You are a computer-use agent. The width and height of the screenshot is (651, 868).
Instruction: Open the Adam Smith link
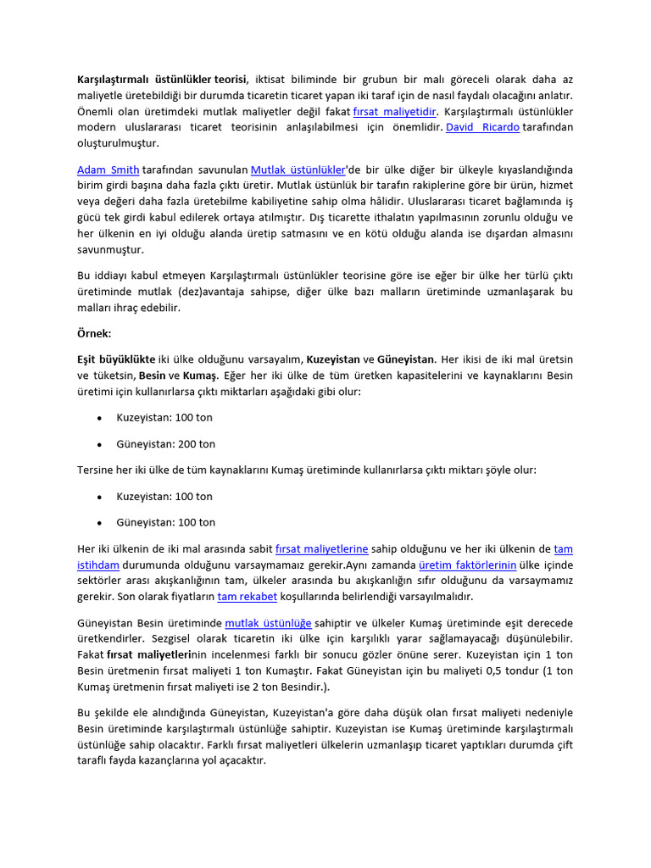tap(108, 169)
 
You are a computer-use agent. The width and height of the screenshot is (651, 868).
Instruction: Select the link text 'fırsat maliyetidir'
tap(395, 111)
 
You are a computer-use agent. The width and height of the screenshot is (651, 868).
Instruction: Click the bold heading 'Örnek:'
tap(95, 334)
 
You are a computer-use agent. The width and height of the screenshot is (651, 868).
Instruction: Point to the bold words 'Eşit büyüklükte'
tap(116, 359)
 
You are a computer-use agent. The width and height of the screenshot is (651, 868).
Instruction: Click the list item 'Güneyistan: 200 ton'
tap(165, 444)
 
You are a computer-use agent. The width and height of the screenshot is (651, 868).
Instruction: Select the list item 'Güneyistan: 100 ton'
tap(165, 522)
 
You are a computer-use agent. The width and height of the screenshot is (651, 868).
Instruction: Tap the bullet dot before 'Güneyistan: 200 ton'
tap(100, 444)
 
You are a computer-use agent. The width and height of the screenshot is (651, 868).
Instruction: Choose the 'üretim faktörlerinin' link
tap(468, 565)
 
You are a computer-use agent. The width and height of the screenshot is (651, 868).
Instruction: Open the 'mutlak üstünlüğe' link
tap(268, 622)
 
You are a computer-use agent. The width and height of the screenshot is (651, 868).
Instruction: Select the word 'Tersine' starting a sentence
tap(96, 470)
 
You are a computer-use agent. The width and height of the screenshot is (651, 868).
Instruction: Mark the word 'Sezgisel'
tap(183, 638)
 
